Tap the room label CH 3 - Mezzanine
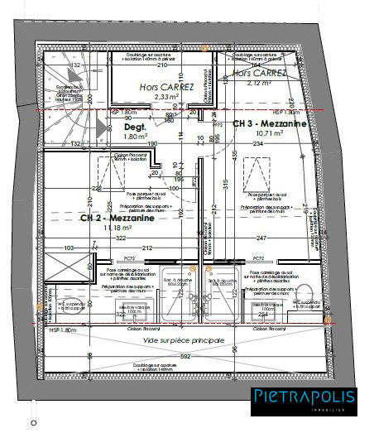click(269, 123)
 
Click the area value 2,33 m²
click(166, 96)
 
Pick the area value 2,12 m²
click(258, 83)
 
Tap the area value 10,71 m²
click(269, 132)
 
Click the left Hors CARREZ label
click(166, 86)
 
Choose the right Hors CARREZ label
click(259, 73)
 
